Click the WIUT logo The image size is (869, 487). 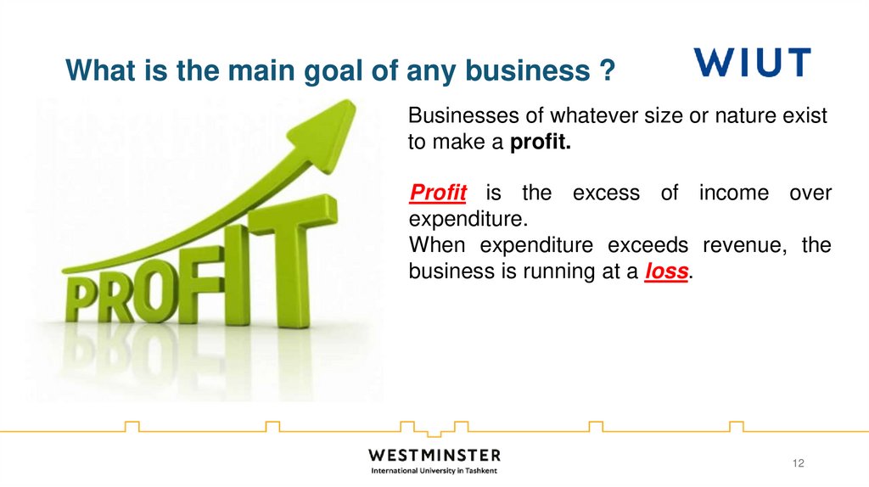pyautogui.click(x=752, y=63)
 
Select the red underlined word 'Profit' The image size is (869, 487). pyautogui.click(x=438, y=193)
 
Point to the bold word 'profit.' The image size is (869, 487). pyautogui.click(x=541, y=143)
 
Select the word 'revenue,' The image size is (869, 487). pyautogui.click(x=748, y=246)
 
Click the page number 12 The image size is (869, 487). pyautogui.click(x=797, y=462)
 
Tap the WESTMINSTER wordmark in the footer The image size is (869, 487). pyautogui.click(x=434, y=456)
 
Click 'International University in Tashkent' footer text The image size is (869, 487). pyautogui.click(x=434, y=471)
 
